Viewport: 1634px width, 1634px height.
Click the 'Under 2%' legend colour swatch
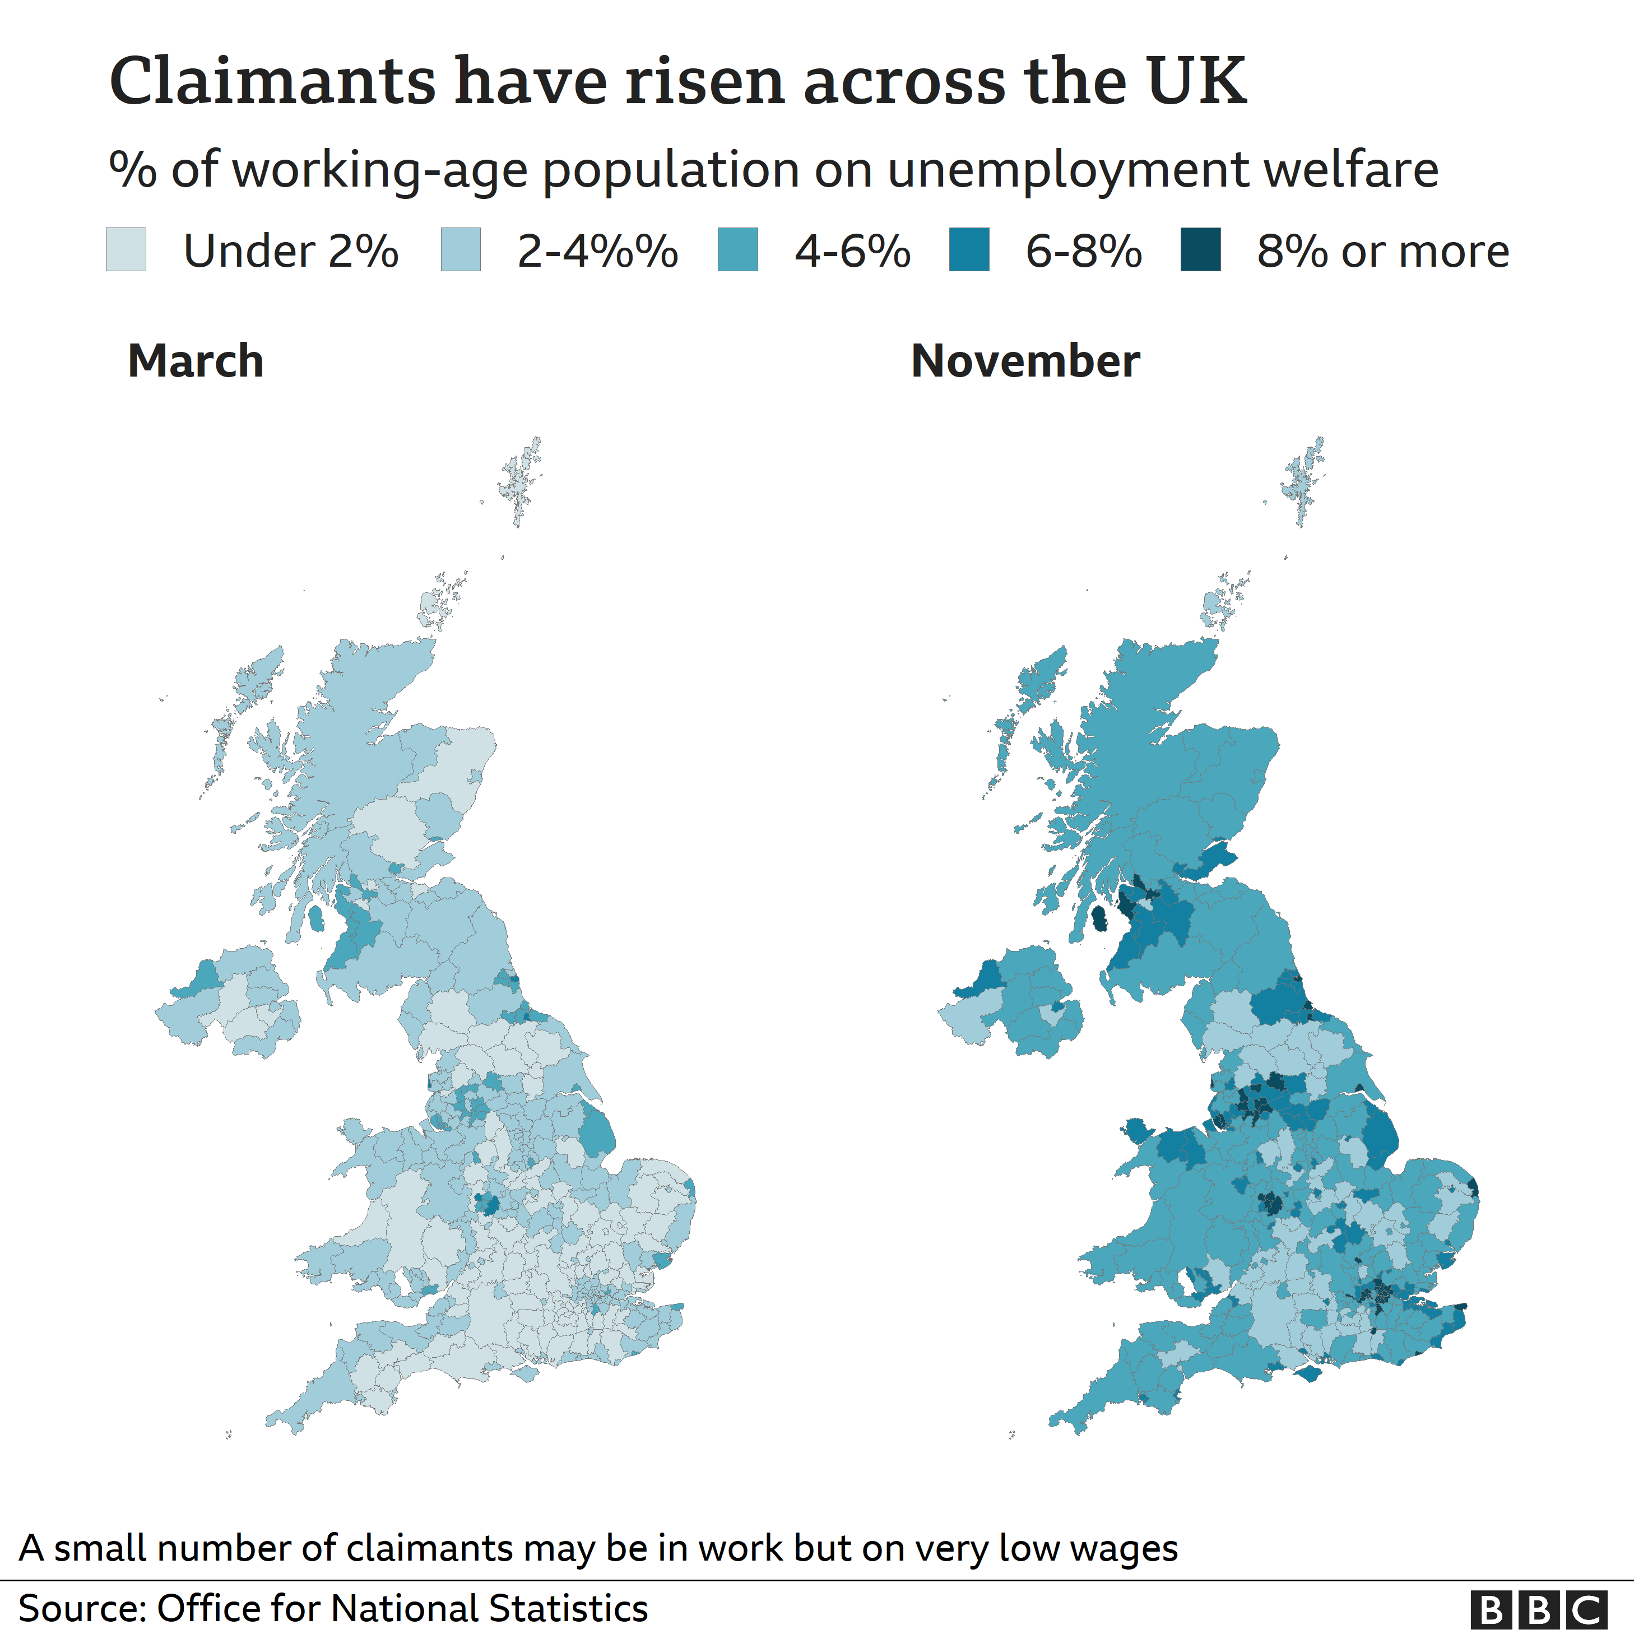126,249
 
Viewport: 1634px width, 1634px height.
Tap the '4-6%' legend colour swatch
737,249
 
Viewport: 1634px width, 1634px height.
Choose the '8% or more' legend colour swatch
1200,249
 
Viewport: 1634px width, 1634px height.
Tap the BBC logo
1538,1609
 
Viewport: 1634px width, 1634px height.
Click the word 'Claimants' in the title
272,82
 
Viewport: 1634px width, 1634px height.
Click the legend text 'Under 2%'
291,251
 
